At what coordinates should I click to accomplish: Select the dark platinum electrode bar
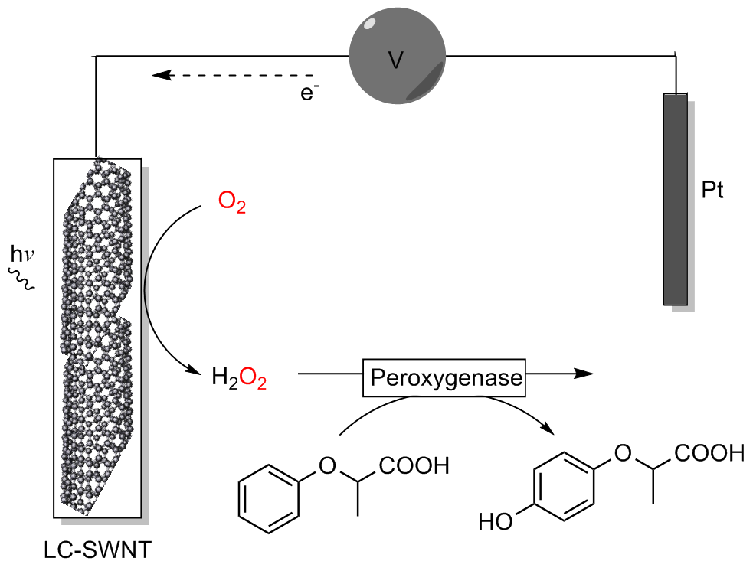coord(675,199)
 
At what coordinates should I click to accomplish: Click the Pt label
coord(712,189)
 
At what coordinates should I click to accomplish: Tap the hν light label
coord(21,252)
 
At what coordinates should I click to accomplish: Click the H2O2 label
coord(239,377)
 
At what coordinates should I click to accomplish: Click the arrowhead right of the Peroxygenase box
coord(583,373)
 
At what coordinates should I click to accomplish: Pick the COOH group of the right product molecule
coord(709,453)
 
